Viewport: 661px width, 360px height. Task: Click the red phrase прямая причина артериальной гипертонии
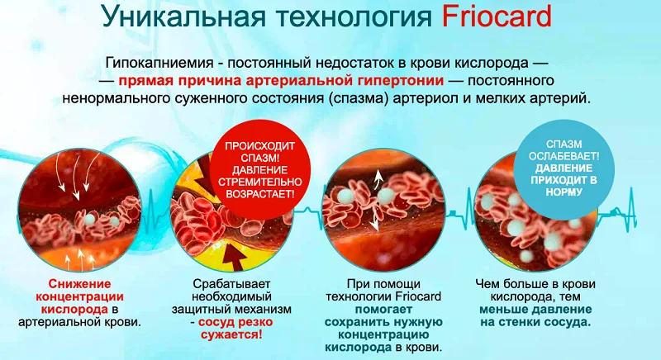[x=282, y=81]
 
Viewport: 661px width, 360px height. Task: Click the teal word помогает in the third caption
[x=381, y=310]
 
